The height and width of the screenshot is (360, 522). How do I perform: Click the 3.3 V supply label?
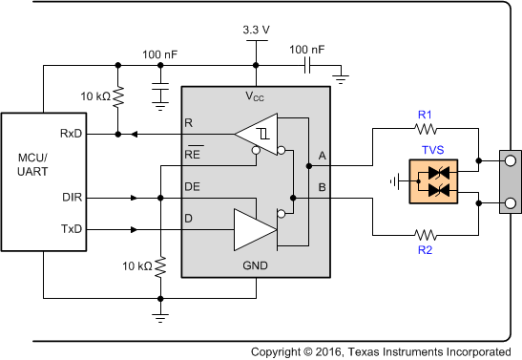255,30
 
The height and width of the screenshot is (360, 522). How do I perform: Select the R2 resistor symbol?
425,234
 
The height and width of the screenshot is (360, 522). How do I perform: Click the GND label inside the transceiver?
255,265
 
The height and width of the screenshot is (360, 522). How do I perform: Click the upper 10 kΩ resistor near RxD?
117,97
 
